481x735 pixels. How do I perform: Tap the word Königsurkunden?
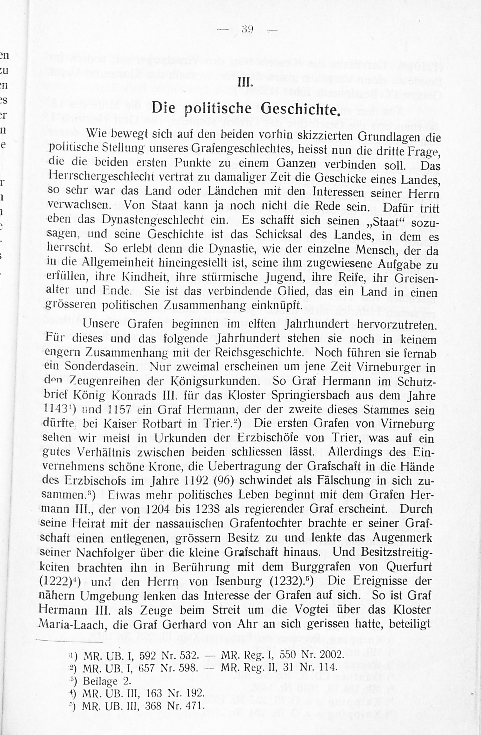coord(215,381)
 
